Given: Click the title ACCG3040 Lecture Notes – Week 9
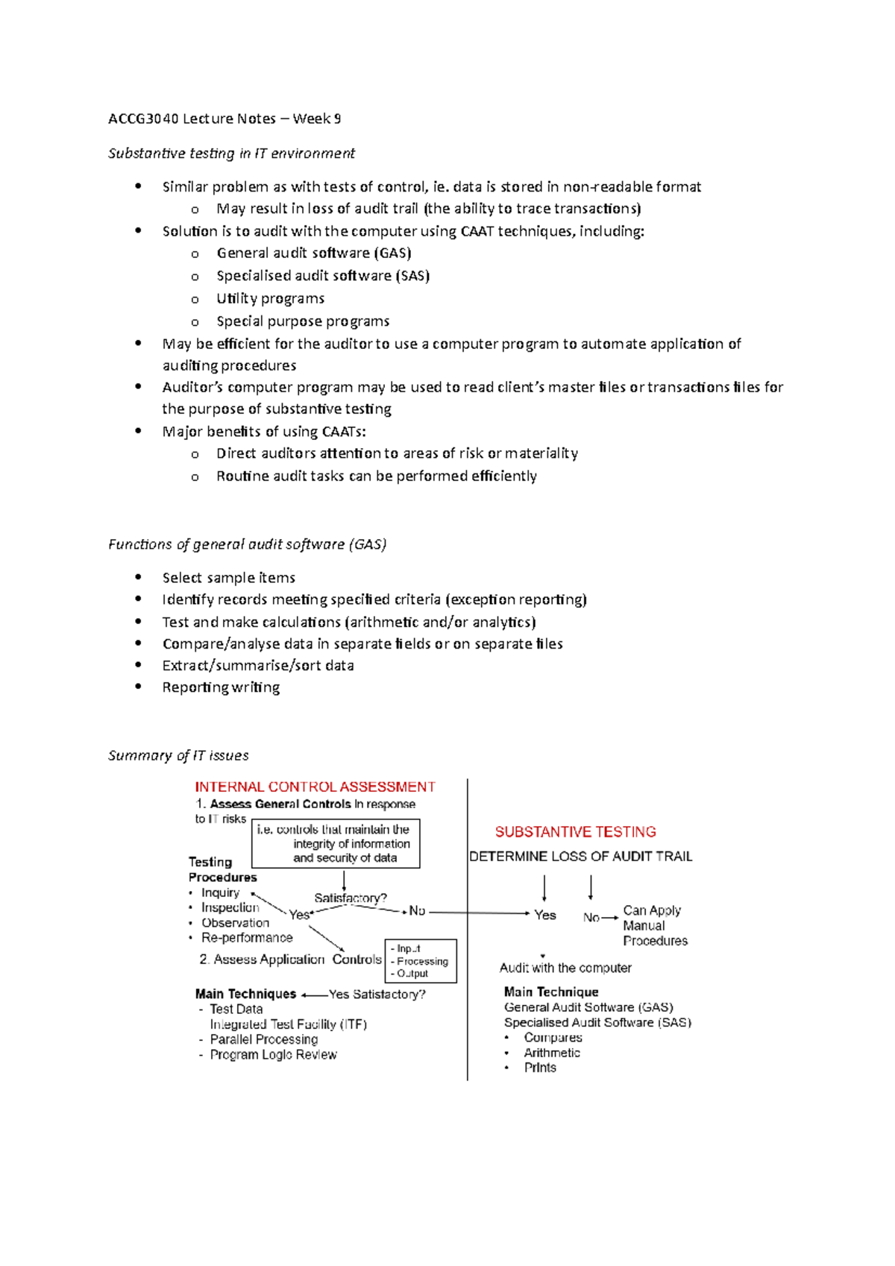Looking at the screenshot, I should point(224,119).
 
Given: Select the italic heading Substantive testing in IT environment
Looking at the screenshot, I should point(231,154).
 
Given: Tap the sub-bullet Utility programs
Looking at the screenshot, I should point(270,299).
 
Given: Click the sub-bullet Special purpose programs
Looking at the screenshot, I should point(303,321).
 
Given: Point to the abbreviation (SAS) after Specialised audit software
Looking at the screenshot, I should point(412,276).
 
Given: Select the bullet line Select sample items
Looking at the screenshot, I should point(228,578).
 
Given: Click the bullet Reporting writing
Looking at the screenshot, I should point(221,687).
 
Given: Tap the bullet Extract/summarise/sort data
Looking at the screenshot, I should point(258,666).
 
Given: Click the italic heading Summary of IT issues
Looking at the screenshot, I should point(178,756).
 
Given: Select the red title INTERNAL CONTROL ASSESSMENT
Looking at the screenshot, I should point(315,787).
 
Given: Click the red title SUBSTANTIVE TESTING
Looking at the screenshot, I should point(575,832).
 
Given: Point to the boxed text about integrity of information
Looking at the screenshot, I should point(336,844).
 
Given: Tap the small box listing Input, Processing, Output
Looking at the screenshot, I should point(420,961).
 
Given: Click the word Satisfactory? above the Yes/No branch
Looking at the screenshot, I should point(351,898).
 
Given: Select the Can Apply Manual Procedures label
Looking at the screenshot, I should point(654,926).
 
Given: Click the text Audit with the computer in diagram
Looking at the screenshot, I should point(565,968).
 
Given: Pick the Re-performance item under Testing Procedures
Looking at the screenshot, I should point(247,938).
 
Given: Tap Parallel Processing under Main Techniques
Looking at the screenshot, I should point(263,1039).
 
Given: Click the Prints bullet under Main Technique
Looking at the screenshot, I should point(540,1068).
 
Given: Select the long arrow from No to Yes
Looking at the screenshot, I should point(479,913).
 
